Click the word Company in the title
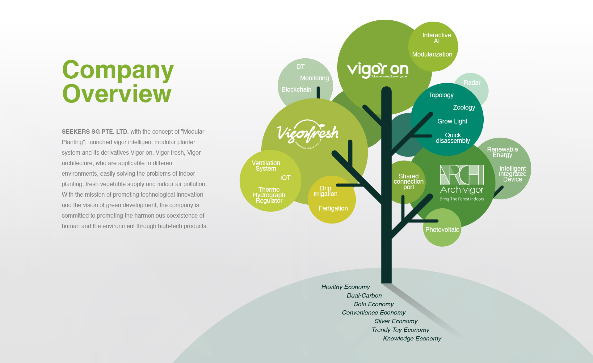118,70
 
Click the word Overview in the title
117,94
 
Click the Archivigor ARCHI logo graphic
462,175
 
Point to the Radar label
472,83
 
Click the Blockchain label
296,90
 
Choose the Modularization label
432,54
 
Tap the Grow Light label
452,121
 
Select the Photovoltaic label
442,230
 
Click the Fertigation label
333,208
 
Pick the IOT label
285,178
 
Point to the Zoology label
464,107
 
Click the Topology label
441,95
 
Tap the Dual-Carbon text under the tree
364,295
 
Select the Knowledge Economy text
412,338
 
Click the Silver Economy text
396,321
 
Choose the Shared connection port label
408,181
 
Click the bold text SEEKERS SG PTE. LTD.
95,131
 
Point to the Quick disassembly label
453,138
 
